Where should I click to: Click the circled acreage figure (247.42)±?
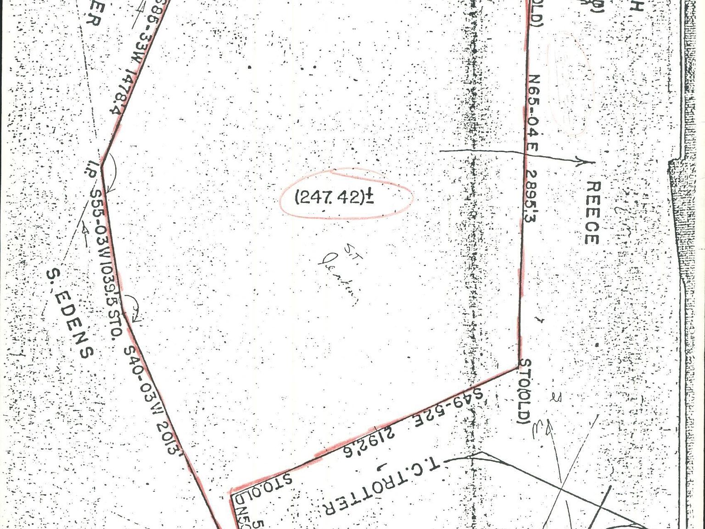334,197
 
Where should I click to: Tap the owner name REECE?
593,213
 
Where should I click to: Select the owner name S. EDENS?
70,313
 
